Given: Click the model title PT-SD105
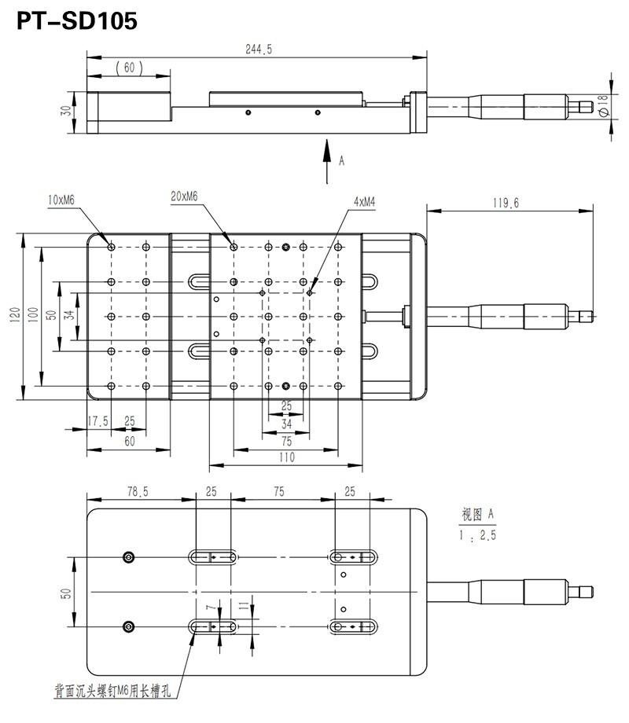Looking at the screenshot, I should coord(77,21).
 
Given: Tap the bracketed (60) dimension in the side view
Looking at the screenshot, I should coord(128,68).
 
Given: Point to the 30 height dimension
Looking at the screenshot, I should coord(66,111).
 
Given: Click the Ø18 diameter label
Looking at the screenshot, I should coord(602,106).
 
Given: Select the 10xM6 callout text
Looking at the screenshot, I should coord(61,200).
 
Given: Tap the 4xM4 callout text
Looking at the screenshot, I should coord(364,201).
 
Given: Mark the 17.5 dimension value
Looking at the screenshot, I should coord(97,422).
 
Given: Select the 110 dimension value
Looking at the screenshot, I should coord(286,458).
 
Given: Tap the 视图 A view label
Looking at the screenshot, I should coord(477,515).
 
